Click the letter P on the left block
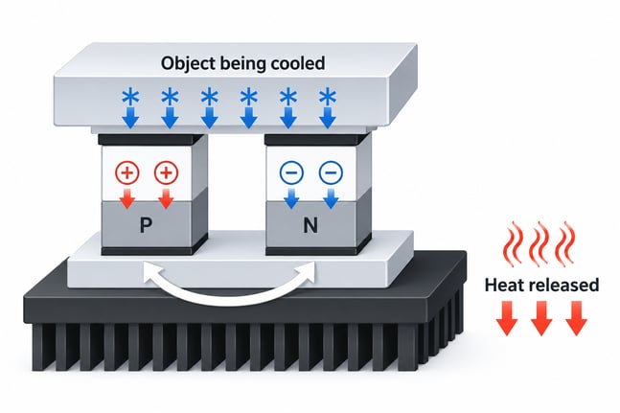tap(146, 225)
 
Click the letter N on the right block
tap(310, 225)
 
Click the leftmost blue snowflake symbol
tap(130, 97)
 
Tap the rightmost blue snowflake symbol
tap(328, 97)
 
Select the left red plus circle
tap(126, 172)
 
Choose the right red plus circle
tap(166, 172)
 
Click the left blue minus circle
tap(291, 172)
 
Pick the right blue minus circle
tap(331, 172)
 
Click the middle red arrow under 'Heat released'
tap(541, 318)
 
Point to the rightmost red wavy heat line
tap(565, 243)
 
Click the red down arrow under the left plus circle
tap(126, 198)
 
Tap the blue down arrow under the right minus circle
tap(331, 198)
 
